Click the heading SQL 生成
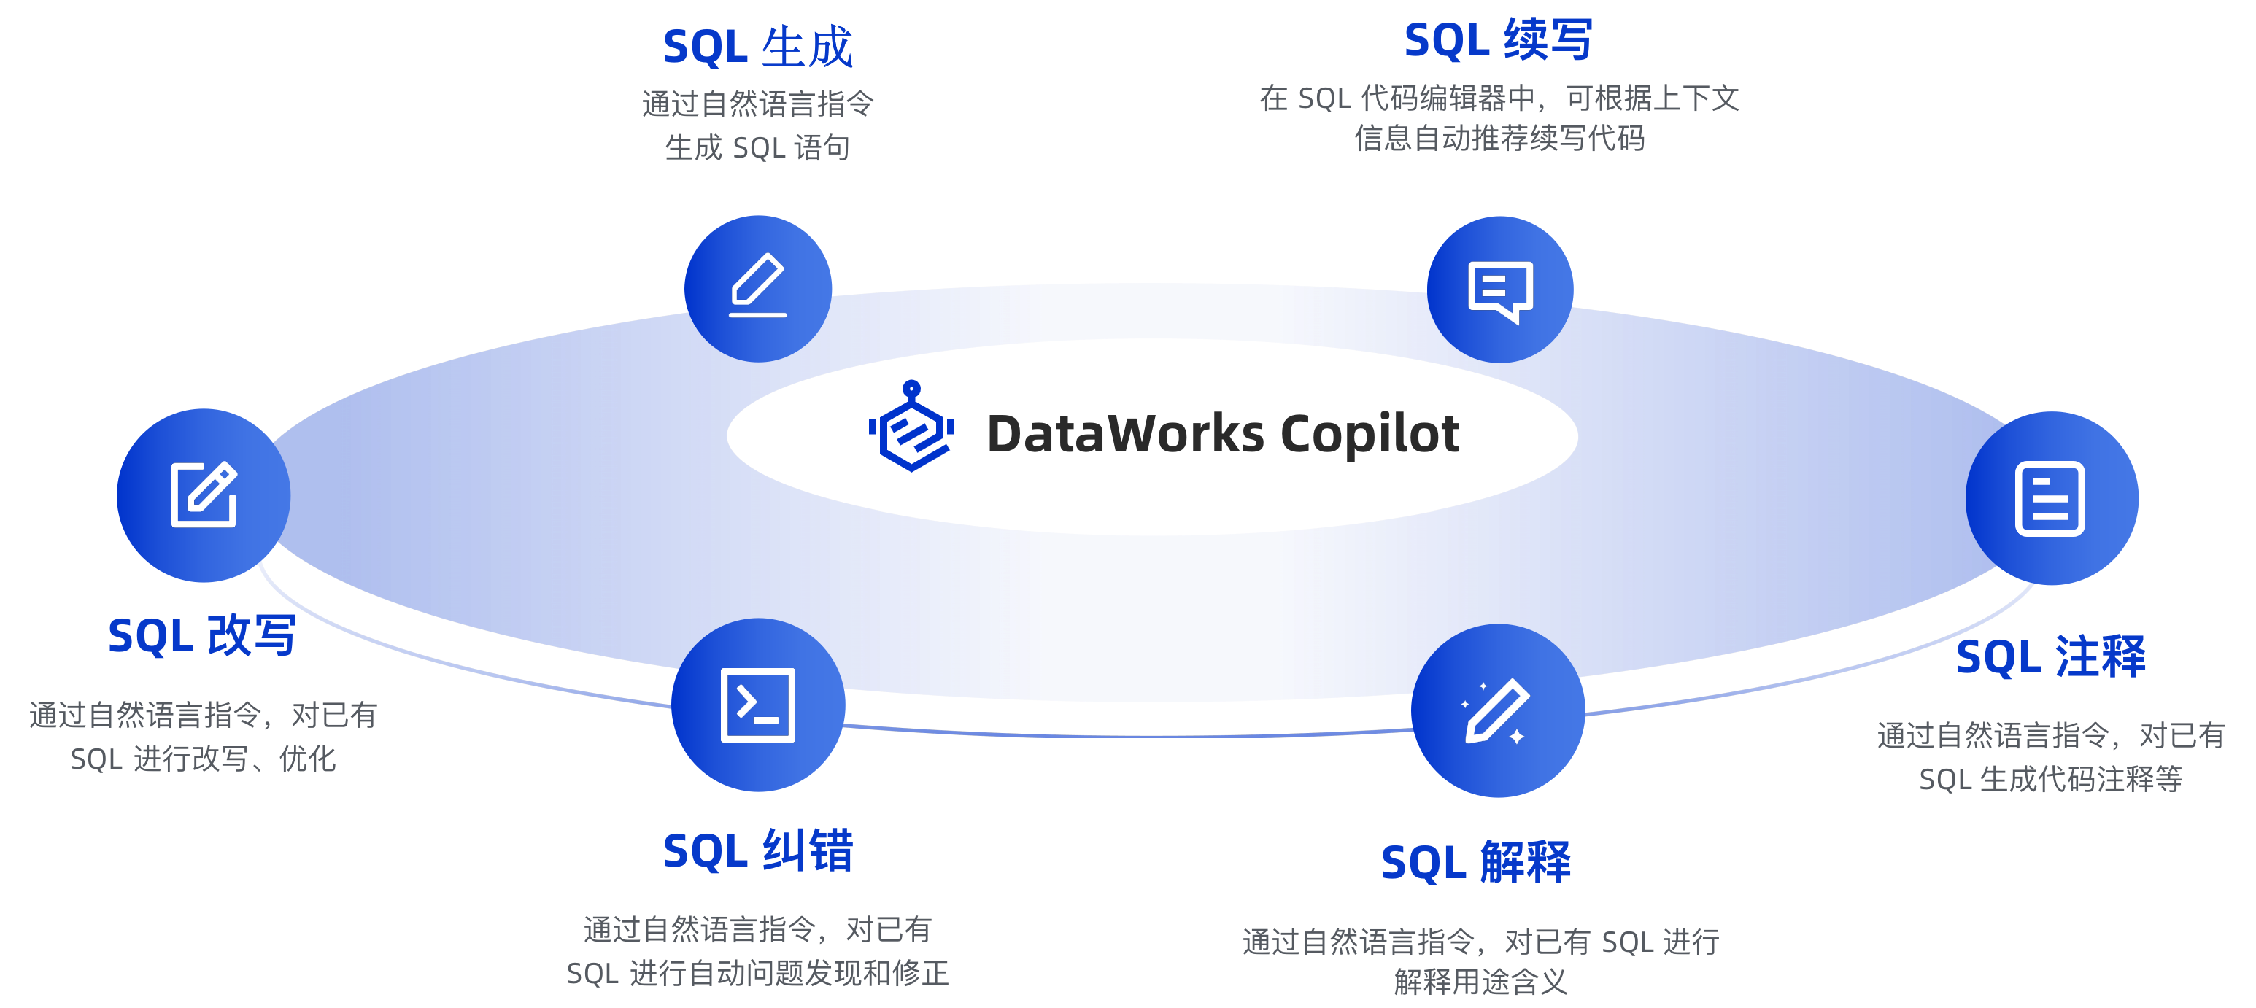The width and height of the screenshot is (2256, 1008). [x=757, y=47]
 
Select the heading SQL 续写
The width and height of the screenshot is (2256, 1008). [x=1499, y=40]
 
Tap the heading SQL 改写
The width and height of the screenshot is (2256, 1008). [x=202, y=635]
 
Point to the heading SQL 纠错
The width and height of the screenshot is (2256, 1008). [x=757, y=850]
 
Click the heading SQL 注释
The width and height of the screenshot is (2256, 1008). [x=2050, y=656]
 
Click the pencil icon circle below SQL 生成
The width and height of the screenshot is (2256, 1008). [x=758, y=289]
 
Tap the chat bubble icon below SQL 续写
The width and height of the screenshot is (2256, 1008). [x=1500, y=290]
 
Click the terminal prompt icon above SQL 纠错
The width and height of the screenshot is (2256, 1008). [x=758, y=705]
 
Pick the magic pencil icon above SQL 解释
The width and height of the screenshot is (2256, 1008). [x=1499, y=710]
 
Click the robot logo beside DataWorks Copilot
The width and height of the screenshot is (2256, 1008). [x=912, y=427]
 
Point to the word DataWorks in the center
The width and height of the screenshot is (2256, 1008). [x=1125, y=433]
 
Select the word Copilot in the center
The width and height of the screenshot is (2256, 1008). [x=1370, y=433]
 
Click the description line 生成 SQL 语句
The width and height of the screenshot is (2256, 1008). [x=757, y=147]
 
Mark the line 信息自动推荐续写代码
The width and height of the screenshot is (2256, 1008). [x=1499, y=138]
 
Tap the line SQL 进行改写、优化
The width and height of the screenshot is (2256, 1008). [x=203, y=759]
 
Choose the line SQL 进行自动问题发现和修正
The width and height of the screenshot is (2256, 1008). [x=757, y=973]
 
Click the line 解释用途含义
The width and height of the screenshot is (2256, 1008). [x=1480, y=982]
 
